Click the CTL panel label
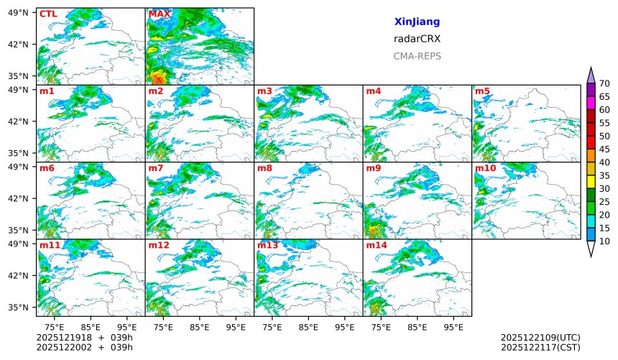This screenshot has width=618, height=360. [x=48, y=14]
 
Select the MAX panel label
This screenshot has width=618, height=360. [x=159, y=14]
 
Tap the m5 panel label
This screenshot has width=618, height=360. [x=482, y=91]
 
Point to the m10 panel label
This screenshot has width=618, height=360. [x=485, y=168]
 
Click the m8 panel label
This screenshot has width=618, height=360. [x=264, y=168]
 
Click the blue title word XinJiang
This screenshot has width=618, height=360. [x=417, y=22]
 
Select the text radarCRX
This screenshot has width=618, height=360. [x=417, y=39]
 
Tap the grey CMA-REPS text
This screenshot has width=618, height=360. [x=417, y=56]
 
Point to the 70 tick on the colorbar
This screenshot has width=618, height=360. [x=604, y=83]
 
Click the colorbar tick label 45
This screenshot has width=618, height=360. [x=604, y=149]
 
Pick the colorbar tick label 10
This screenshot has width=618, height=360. [x=604, y=241]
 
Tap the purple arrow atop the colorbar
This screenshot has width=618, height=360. [x=591, y=75]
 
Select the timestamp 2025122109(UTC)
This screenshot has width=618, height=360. [x=540, y=337]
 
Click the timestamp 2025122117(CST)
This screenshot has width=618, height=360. [x=540, y=347]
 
